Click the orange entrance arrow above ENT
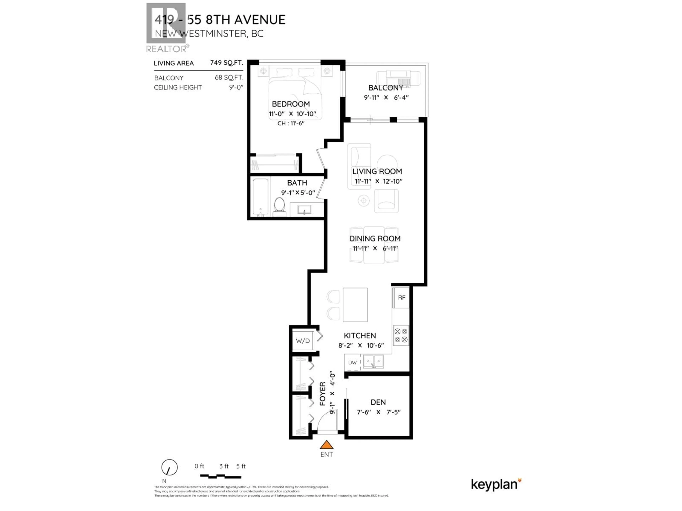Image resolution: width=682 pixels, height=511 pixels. point(326,445)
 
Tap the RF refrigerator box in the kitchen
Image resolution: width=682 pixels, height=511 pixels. point(401,298)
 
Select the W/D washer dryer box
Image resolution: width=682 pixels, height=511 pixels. point(303,341)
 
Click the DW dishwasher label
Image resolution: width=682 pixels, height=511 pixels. point(352,362)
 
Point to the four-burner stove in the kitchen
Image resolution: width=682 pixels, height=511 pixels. point(401,335)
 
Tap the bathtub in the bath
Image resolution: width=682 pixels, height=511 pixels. point(261,197)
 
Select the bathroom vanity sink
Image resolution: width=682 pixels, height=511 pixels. point(304,210)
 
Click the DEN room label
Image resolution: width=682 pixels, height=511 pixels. point(378,402)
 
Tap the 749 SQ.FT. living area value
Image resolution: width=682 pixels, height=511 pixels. point(227,63)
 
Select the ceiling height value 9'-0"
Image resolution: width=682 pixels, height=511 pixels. point(236,87)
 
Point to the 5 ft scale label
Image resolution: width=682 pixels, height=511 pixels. point(241,466)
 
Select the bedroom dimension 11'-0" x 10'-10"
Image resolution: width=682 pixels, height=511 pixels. point(292,114)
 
